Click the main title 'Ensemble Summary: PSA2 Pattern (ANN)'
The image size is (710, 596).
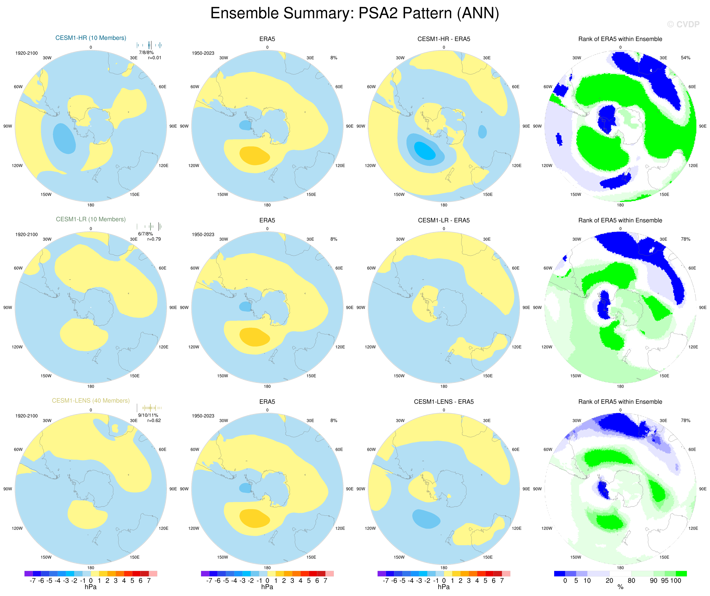[355, 14]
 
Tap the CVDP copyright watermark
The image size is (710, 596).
[683, 24]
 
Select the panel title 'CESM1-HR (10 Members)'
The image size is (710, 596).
[91, 38]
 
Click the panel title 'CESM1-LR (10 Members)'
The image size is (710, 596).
[91, 219]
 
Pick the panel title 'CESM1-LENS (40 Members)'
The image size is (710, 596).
[91, 401]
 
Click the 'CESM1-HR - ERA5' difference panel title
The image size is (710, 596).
[444, 39]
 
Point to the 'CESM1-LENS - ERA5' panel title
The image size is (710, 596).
[444, 402]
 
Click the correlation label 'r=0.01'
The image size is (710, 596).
[154, 58]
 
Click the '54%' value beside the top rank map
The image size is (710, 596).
[685, 58]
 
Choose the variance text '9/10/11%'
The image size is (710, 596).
[148, 415]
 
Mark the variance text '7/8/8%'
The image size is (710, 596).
[146, 52]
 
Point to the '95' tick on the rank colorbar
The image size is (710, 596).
[665, 581]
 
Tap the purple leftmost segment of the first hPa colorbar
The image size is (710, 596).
[28, 574]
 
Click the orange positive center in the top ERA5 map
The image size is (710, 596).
[254, 155]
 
